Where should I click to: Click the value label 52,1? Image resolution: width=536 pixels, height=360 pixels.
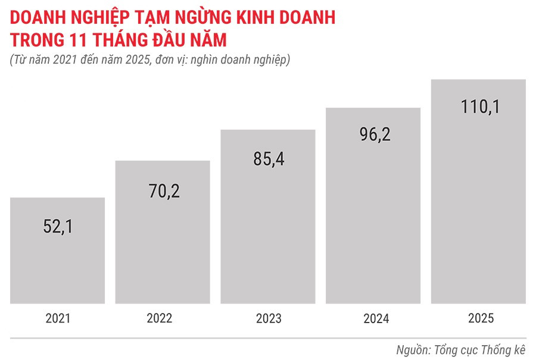[x=58, y=227]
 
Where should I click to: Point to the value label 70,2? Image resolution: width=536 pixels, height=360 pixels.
[x=163, y=192]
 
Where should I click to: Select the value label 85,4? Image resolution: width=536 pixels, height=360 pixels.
[x=268, y=160]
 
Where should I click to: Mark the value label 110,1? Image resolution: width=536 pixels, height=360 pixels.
[x=479, y=107]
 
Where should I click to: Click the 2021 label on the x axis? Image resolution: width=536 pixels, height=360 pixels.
[x=58, y=319]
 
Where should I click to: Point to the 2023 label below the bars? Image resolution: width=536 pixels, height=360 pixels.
[x=269, y=319]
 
